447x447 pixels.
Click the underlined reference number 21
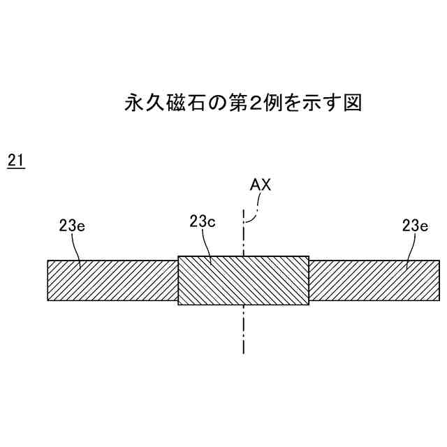15,161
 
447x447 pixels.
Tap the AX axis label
260,185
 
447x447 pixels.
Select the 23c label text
202,221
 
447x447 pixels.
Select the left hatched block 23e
112,280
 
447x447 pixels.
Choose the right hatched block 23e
374,280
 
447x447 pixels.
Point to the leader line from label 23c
207,248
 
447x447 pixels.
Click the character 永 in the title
133,103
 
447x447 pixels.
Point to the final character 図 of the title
351,103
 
